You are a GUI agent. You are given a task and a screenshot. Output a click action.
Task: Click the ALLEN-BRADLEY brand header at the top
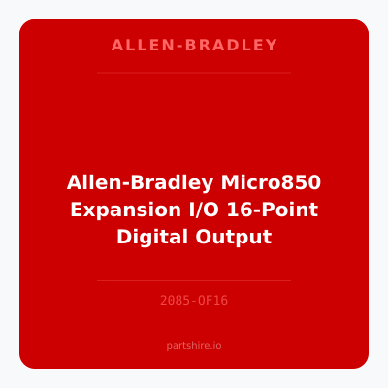click(x=194, y=46)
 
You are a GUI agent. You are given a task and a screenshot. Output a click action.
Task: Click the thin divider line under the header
click(x=194, y=73)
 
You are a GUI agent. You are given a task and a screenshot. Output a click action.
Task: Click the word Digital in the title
click(x=153, y=236)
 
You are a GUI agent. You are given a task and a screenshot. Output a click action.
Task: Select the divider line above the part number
click(x=194, y=280)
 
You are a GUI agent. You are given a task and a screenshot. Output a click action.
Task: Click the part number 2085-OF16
click(x=194, y=301)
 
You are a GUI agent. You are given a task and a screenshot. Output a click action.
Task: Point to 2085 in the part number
click(x=175, y=301)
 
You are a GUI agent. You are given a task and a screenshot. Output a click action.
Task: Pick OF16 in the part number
click(x=213, y=301)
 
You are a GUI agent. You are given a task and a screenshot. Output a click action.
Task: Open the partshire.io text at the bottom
click(x=194, y=345)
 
